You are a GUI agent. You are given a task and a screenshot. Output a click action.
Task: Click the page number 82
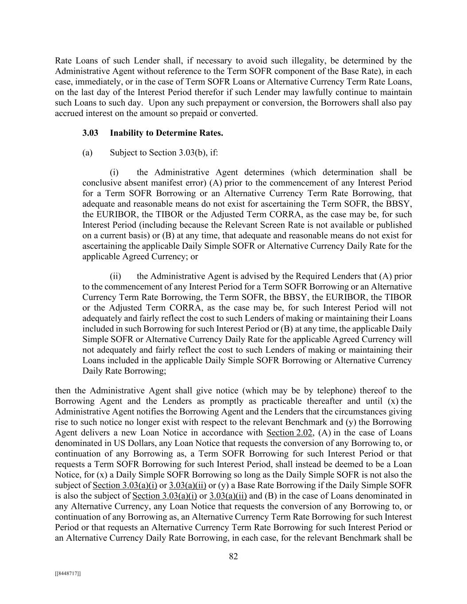(x=233, y=556)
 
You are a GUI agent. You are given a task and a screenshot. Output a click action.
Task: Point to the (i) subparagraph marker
(x=115, y=172)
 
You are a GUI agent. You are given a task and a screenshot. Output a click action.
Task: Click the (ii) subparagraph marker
(x=116, y=276)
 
